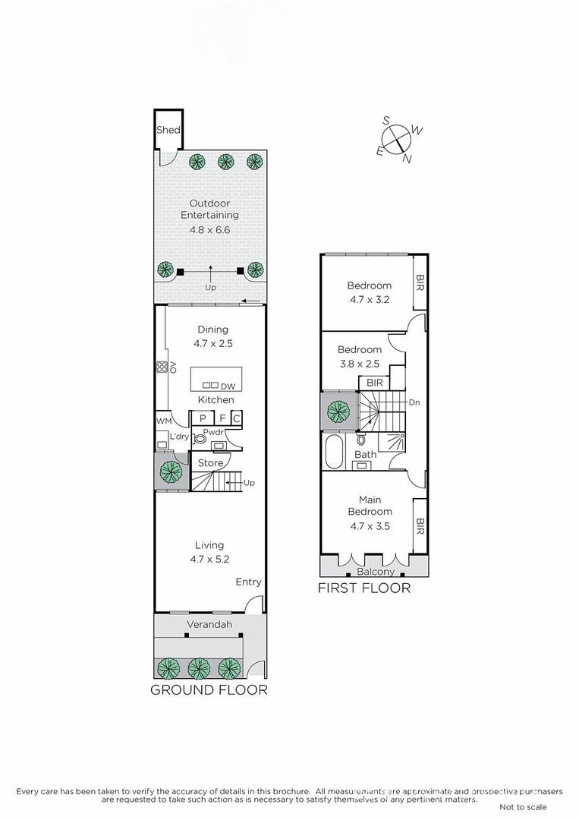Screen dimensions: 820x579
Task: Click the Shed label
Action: (x=168, y=130)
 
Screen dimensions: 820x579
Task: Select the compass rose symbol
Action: (x=397, y=140)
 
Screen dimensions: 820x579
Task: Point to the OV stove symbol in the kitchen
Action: (x=163, y=367)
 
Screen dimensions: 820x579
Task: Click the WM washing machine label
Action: (x=164, y=420)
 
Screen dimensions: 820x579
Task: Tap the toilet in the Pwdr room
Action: (x=200, y=438)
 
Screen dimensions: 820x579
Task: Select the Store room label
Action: (x=210, y=462)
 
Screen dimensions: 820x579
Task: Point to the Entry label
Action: (x=248, y=582)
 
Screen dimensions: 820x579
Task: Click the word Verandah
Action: (x=209, y=625)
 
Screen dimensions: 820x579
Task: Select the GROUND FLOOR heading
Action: (x=209, y=689)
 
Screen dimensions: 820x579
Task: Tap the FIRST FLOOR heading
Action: (x=363, y=588)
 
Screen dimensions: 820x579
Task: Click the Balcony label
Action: (x=375, y=572)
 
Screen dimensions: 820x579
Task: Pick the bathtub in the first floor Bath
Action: (x=335, y=451)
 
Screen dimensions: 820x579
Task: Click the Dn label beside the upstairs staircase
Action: (x=414, y=402)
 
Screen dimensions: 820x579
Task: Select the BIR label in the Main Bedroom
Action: (x=420, y=525)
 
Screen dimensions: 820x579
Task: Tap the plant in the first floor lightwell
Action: (x=338, y=412)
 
